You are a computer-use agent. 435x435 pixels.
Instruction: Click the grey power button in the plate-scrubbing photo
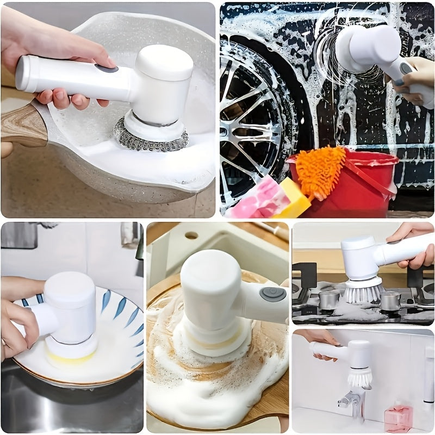[x=265, y=294]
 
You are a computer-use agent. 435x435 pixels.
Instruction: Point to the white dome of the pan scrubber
[x=163, y=63]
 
